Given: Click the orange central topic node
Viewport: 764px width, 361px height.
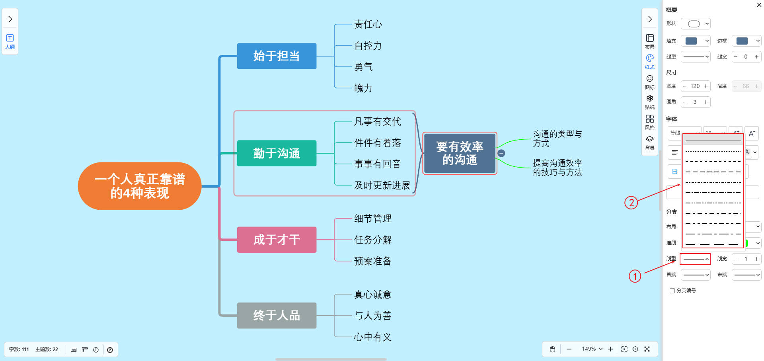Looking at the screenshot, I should click(140, 186).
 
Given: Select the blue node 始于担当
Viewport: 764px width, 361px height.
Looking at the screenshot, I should click(277, 56).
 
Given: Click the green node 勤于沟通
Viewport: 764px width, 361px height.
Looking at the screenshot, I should click(277, 153).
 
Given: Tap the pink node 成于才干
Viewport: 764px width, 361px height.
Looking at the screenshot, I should click(277, 240).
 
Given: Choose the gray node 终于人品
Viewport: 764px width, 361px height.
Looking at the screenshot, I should click(277, 316).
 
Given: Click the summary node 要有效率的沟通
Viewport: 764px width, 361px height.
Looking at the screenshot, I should click(460, 153).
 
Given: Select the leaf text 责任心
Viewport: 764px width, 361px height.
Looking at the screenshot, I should click(368, 24).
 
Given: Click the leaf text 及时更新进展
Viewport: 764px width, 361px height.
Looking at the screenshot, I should click(382, 185).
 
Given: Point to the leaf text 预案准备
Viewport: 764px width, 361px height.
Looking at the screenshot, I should click(373, 261).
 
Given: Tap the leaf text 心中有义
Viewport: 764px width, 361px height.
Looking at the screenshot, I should click(373, 337).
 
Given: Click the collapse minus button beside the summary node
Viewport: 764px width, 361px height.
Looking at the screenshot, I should click(501, 153).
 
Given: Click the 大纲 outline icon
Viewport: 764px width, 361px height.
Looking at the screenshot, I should click(10, 41).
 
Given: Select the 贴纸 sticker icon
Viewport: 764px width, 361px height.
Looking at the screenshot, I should click(650, 101).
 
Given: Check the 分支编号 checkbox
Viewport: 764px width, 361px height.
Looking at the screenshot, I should click(672, 291).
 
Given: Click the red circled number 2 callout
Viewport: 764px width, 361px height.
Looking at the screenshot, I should click(631, 203).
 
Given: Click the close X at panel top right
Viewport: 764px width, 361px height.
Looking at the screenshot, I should click(759, 5).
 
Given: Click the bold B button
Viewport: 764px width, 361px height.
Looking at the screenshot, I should click(674, 172).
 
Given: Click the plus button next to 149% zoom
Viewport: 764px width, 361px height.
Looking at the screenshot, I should click(610, 349).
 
